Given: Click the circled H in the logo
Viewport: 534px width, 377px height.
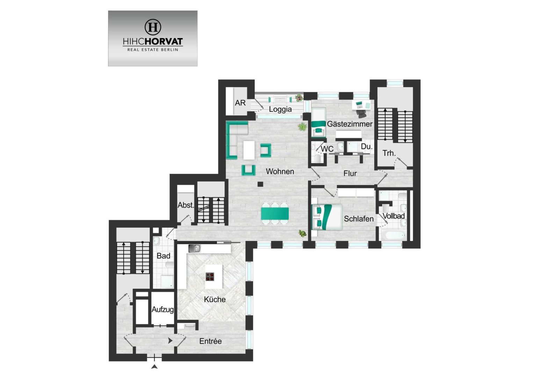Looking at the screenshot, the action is click(x=153, y=27).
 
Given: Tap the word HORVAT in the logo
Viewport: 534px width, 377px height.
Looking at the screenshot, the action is click(x=164, y=42).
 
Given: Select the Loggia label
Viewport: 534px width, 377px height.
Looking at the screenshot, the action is click(x=280, y=109).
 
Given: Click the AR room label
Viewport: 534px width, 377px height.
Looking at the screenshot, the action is click(x=240, y=103).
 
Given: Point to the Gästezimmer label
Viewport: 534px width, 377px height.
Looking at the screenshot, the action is click(x=350, y=124).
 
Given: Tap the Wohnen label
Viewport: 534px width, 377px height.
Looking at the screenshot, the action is click(x=280, y=171).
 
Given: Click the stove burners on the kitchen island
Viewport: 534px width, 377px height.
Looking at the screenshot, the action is click(x=210, y=276).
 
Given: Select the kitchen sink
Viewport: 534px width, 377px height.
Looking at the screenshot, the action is click(x=195, y=249).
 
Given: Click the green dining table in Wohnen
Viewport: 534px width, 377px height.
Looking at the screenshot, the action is click(x=275, y=214).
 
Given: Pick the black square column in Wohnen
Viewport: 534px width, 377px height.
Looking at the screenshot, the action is click(x=260, y=184).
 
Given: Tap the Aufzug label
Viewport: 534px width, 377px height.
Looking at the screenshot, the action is click(x=163, y=310).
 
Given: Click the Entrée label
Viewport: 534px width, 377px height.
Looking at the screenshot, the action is click(x=210, y=341).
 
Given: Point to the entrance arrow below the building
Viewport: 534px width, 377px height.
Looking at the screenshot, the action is click(x=154, y=367).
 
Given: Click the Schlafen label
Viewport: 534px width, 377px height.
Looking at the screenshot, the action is click(x=359, y=219).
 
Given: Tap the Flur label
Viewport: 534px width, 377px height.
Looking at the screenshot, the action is click(x=350, y=173).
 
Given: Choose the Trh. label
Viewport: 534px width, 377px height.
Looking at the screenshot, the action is click(x=389, y=153).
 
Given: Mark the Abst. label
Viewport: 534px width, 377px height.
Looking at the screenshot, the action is click(x=186, y=205).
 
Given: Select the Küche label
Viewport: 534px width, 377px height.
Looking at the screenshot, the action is click(x=215, y=300).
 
